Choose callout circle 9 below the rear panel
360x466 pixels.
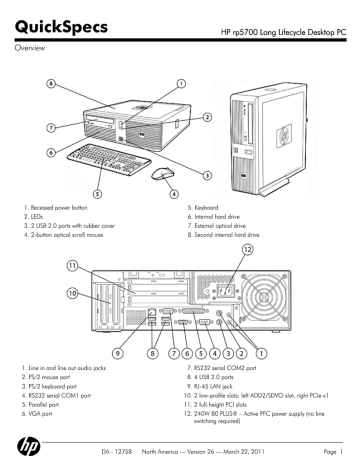click(118, 352)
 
